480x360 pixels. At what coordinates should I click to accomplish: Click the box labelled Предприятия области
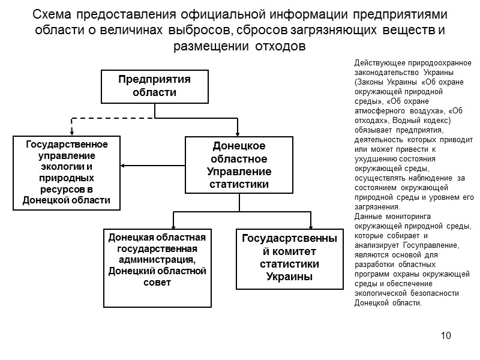[155, 86]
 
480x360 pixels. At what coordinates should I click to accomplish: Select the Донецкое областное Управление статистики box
[239, 164]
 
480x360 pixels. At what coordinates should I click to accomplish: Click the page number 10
[445, 335]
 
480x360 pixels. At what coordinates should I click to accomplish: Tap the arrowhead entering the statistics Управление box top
[239, 131]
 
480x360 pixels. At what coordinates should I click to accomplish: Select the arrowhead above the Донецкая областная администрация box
[174, 224]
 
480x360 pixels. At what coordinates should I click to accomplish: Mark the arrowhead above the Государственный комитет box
[311, 224]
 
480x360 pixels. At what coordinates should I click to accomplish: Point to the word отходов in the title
[281, 46]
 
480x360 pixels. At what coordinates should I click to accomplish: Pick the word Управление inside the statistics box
[239, 172]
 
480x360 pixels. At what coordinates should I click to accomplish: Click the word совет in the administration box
[157, 282]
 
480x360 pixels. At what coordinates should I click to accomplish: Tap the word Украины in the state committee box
[289, 277]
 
